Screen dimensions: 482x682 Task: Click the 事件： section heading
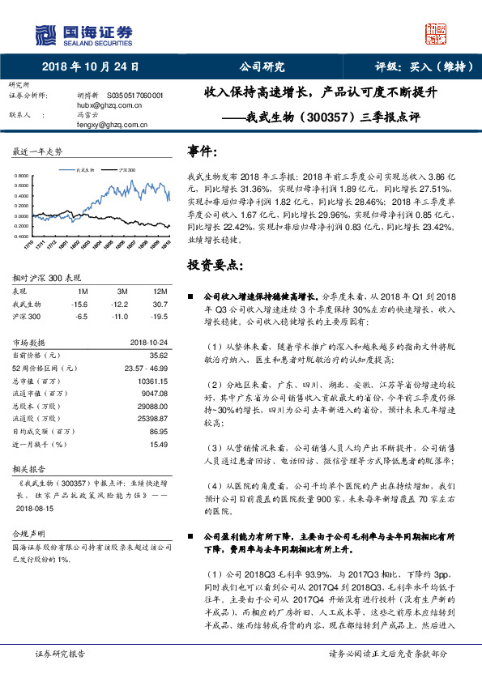point(203,151)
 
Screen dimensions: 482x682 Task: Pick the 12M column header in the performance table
point(160,291)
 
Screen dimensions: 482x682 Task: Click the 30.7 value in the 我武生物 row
point(160,303)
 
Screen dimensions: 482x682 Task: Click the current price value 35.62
point(158,355)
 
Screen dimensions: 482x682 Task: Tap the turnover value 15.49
point(158,445)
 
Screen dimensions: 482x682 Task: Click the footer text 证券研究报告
point(62,653)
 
